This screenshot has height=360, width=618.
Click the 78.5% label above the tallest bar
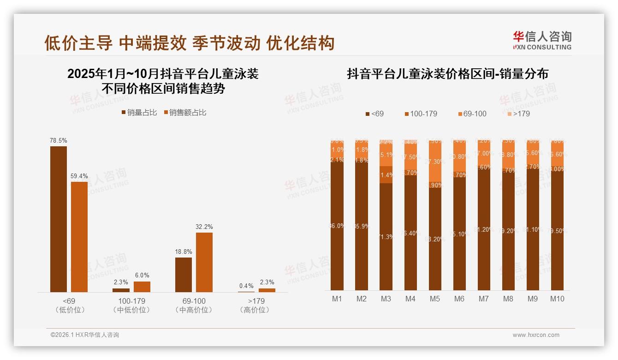click(59, 140)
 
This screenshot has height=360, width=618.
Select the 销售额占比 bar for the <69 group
click(79, 237)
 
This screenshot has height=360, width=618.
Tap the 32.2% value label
click(204, 227)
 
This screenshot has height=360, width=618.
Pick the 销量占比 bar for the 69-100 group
click(184, 275)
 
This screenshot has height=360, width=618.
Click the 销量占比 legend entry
click(139, 113)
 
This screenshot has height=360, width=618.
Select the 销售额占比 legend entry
click(184, 113)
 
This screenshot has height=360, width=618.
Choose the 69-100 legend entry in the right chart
click(472, 114)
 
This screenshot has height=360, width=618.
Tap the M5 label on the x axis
click(435, 299)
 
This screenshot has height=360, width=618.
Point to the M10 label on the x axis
click(557, 299)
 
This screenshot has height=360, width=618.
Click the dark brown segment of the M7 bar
click(484, 231)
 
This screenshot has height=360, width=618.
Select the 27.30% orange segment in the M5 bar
click(435, 162)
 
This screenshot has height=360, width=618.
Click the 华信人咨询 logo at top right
click(542, 40)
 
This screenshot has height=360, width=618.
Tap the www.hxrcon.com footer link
click(536, 335)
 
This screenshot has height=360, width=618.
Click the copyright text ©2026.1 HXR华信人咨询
click(85, 335)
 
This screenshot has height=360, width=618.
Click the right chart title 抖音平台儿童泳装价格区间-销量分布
click(447, 74)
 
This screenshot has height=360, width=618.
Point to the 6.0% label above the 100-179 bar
click(142, 276)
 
